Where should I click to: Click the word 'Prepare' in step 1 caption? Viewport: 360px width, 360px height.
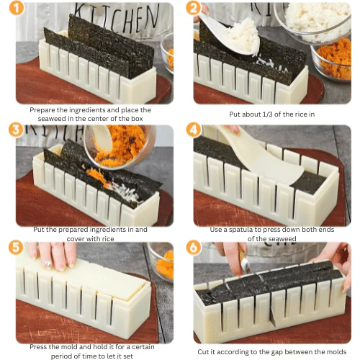pyautogui.click(x=44, y=110)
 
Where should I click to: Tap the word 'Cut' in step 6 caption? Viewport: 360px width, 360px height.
pyautogui.click(x=205, y=351)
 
